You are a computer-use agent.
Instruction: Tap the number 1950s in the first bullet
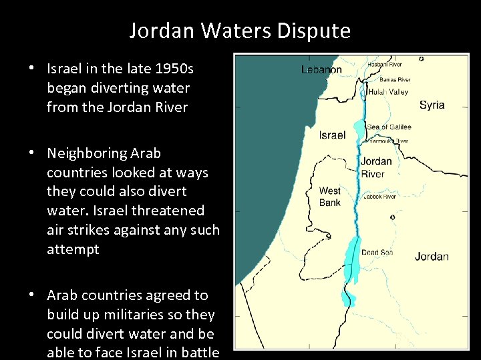tap(172, 69)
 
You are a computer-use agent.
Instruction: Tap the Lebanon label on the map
tap(321, 69)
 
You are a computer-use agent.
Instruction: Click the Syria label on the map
tap(432, 105)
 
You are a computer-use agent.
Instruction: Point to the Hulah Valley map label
tap(388, 92)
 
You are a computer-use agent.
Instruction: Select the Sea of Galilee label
tap(389, 127)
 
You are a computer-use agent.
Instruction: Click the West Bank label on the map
tap(330, 197)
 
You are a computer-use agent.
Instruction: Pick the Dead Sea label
tap(377, 253)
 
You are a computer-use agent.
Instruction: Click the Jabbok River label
tap(379, 197)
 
